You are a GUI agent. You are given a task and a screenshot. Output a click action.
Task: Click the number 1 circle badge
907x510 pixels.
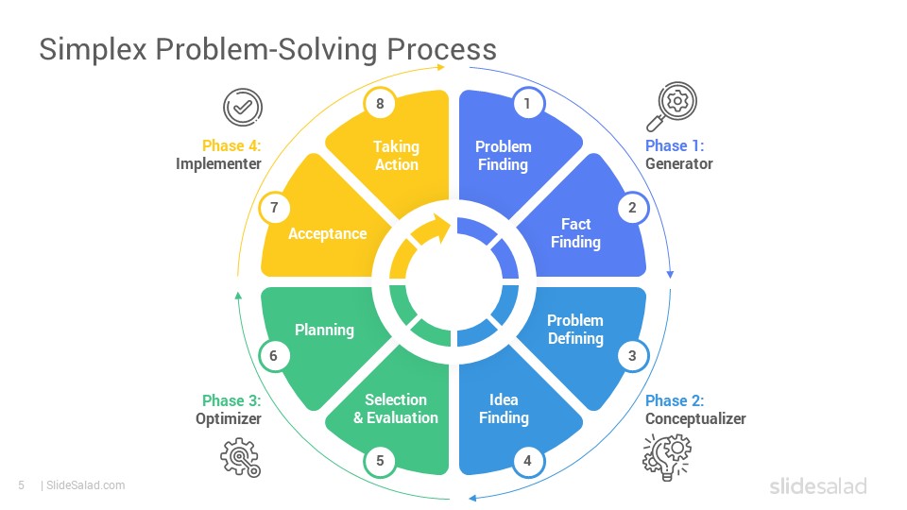[x=527, y=104]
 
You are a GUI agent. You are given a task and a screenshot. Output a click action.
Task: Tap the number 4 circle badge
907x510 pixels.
[x=527, y=461]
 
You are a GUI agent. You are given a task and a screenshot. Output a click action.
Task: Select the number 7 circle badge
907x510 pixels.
[x=274, y=208]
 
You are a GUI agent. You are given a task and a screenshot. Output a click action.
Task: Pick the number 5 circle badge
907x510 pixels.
[x=380, y=461]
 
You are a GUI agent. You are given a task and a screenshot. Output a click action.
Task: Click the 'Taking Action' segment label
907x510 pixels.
[x=396, y=156]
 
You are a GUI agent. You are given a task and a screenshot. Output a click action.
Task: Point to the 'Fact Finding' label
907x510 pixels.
[x=575, y=233]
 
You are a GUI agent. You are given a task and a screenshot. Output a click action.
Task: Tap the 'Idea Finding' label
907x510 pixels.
[x=504, y=409]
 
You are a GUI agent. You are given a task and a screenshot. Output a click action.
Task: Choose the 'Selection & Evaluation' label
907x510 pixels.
[x=396, y=409]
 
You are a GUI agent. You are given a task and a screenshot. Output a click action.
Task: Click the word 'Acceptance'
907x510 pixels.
[x=328, y=233]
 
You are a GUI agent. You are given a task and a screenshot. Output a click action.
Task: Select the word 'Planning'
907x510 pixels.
[x=324, y=331]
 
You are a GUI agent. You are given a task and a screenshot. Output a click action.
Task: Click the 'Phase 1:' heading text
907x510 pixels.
[x=675, y=145]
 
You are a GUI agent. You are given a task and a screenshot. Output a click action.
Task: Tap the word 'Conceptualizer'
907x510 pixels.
[x=695, y=418]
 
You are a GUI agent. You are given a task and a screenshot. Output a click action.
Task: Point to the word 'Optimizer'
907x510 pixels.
[x=229, y=418]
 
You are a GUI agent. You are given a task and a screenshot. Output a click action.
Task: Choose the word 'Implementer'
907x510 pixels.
[x=218, y=164]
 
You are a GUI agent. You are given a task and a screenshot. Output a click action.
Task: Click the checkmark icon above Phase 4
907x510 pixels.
[x=243, y=107]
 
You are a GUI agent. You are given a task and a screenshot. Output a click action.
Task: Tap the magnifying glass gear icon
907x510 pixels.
[x=672, y=107]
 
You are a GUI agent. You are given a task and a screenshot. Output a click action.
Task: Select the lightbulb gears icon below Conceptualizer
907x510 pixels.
[x=667, y=457]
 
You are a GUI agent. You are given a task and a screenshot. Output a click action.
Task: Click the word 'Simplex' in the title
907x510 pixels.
[x=94, y=50]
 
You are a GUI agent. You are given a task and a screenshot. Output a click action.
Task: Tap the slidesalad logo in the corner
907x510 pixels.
[x=818, y=485]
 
